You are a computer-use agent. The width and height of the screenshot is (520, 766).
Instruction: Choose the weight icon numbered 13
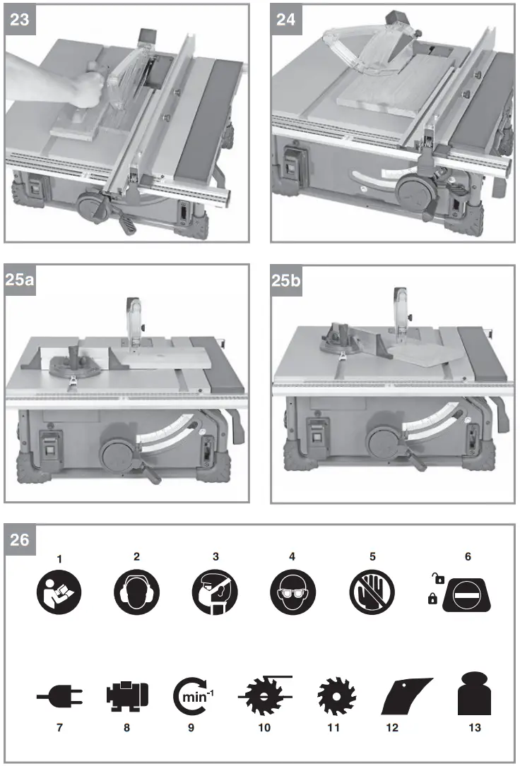[x=474, y=695]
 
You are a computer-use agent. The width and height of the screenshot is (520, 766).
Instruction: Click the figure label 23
[x=22, y=20]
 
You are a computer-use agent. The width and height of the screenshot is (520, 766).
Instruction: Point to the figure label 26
[x=22, y=541]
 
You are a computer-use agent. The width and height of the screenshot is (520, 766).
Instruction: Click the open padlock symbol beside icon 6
[x=439, y=580]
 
